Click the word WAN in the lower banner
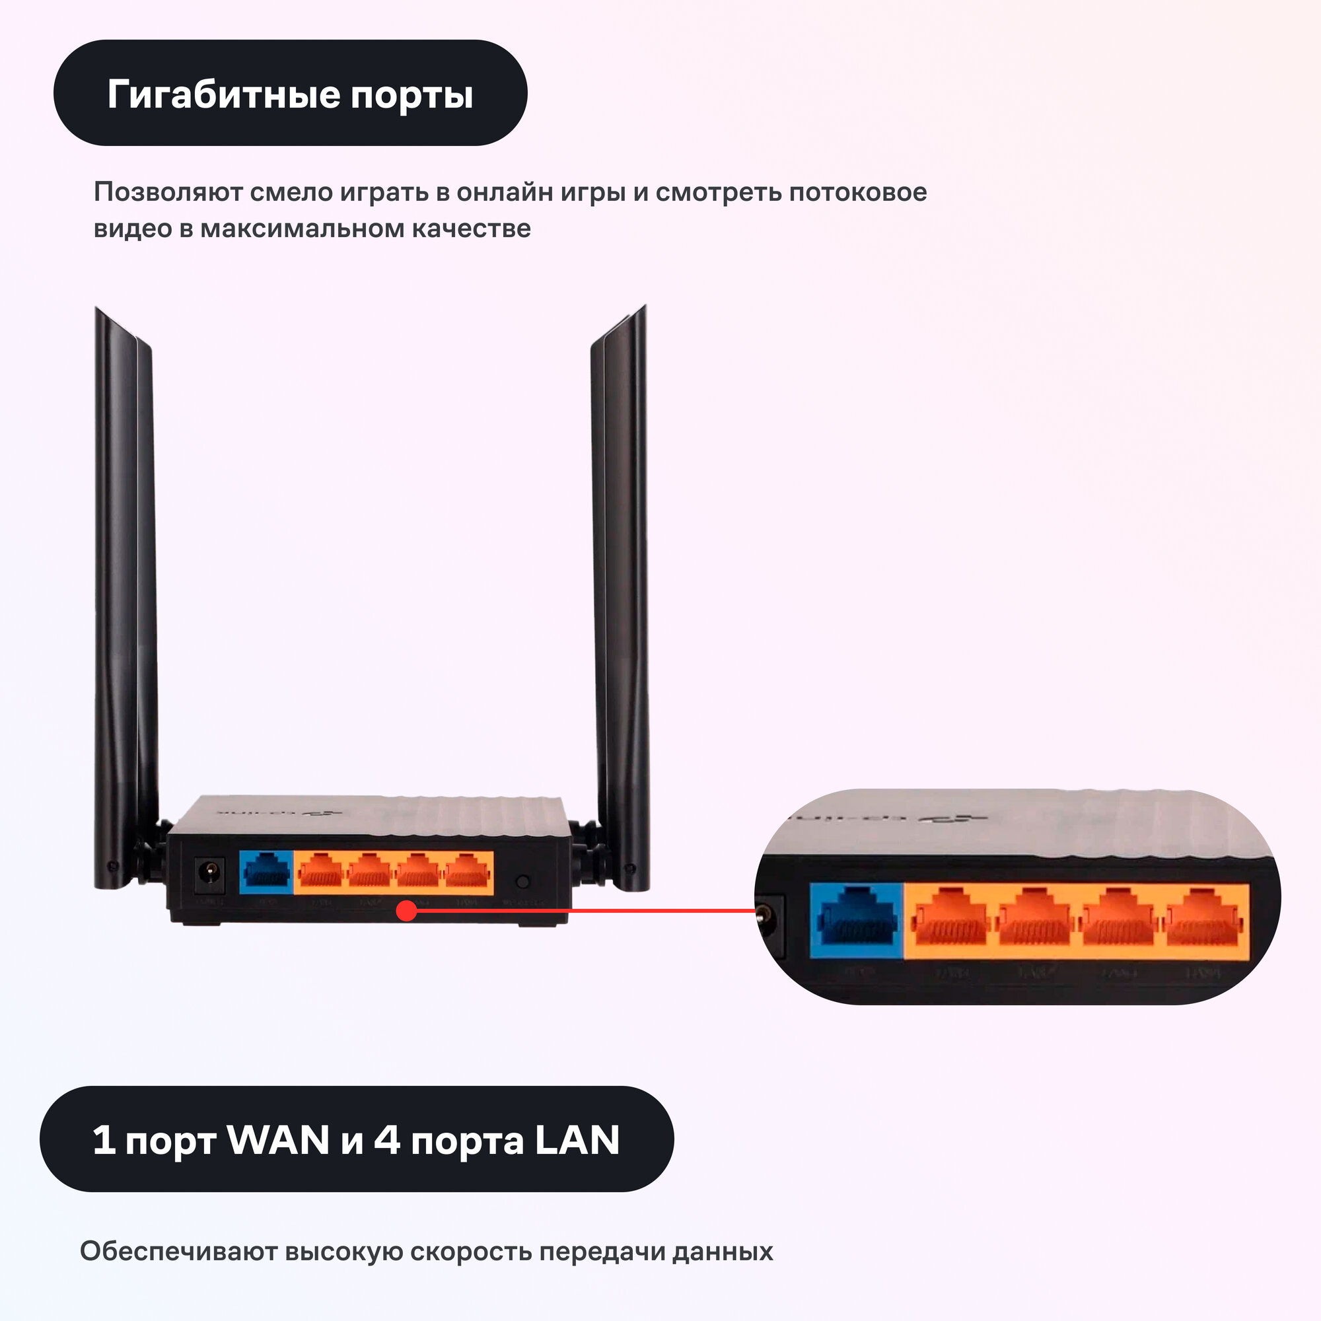pos(278,1140)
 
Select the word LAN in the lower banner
pos(577,1140)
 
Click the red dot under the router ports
pos(407,911)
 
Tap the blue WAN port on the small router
pos(267,873)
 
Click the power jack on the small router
pos(210,875)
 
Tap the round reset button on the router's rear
pos(522,882)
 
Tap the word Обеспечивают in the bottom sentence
pos(178,1251)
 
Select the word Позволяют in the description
pos(168,192)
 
